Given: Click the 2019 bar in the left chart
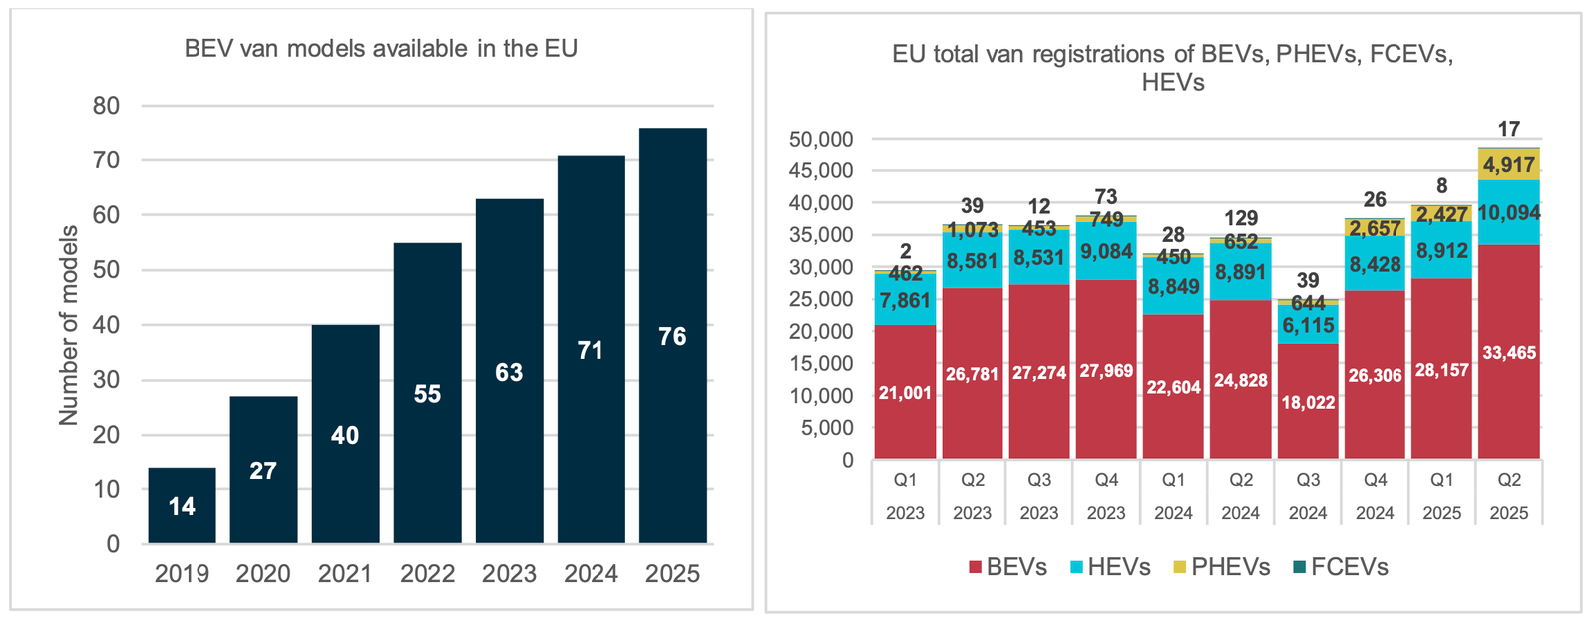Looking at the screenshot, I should (x=182, y=505).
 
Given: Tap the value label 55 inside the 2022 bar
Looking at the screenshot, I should (x=427, y=394).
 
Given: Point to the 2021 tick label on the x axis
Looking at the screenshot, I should (x=345, y=574).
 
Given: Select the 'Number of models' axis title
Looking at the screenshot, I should (x=68, y=325).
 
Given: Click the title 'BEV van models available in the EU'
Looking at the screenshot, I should (x=381, y=48).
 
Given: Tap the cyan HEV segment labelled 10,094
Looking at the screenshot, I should (x=1509, y=212).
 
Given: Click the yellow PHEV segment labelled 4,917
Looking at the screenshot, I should (x=1509, y=164).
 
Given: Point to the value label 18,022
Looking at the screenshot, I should (x=1308, y=403).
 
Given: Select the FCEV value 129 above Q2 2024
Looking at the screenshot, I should (x=1241, y=218).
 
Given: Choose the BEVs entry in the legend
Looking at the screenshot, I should (x=1007, y=567).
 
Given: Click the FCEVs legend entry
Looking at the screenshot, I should (x=1339, y=567).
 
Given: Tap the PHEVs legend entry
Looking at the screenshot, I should (x=1220, y=567).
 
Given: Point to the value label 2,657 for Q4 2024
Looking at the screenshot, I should (x=1375, y=229).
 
